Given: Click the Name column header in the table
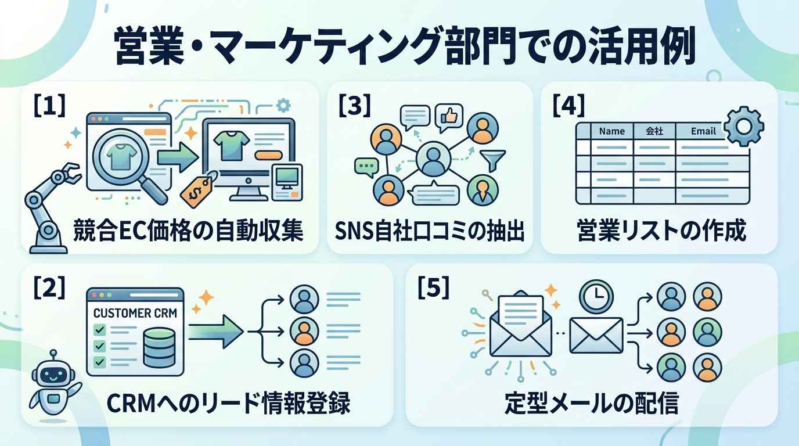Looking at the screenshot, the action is [612, 131].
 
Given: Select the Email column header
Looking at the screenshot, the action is [703, 131].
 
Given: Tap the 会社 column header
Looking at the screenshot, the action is [654, 131].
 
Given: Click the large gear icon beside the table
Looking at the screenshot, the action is [743, 126].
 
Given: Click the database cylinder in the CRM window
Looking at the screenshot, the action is [159, 348].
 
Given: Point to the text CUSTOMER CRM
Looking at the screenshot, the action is [135, 313].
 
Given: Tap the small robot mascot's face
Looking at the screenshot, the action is [53, 375].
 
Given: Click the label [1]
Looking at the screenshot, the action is [49, 105].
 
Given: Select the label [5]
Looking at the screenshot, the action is [433, 287].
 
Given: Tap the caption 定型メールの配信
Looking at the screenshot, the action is [592, 404].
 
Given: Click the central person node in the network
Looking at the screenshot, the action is [433, 159].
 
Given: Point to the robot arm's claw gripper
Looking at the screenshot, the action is [70, 173].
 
